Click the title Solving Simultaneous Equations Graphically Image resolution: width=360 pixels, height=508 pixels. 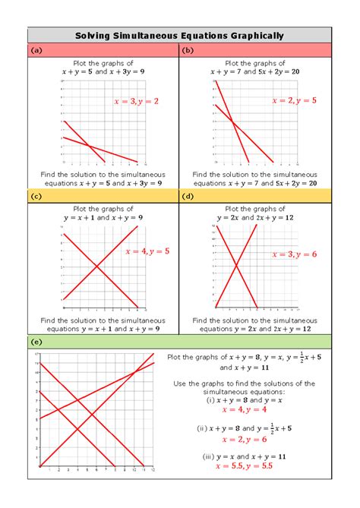point(179,35)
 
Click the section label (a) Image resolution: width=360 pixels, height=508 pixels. point(36,51)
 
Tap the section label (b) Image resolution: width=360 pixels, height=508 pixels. point(188,51)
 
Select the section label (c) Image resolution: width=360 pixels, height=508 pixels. point(36,197)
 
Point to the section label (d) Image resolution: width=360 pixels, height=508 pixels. point(188,197)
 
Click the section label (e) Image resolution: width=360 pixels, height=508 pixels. point(36,342)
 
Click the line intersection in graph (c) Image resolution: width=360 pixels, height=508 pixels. point(96,266)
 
